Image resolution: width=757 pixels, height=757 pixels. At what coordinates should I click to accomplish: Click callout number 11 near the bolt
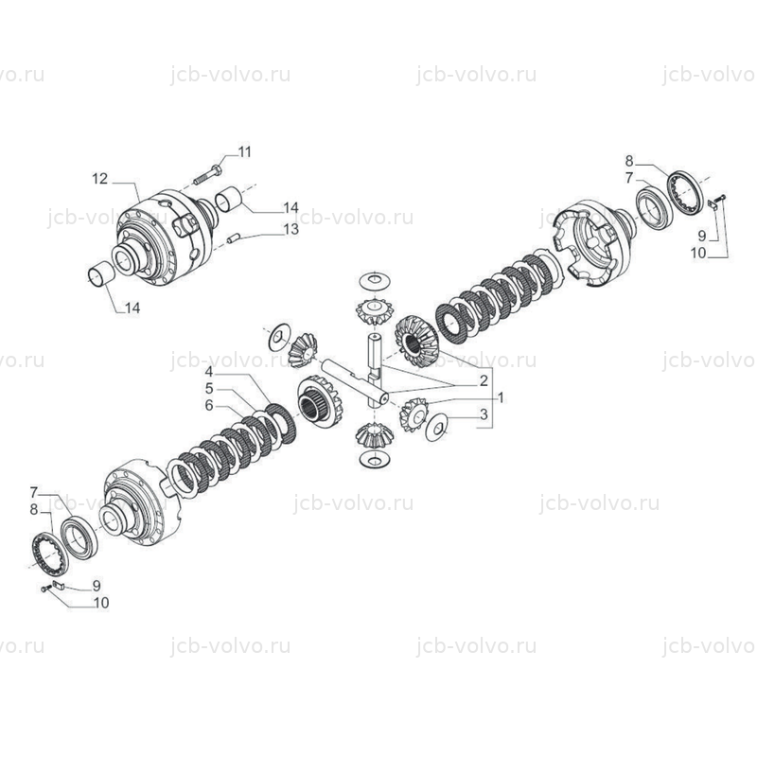tap(245, 152)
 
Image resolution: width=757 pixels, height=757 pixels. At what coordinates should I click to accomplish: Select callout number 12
tap(100, 179)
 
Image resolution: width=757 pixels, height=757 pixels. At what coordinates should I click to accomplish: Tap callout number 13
tap(291, 229)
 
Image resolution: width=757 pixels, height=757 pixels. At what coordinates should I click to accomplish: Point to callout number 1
tap(501, 397)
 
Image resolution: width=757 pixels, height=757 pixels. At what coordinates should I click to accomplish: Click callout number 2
tap(484, 381)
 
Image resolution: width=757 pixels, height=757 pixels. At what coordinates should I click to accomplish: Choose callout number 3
tap(484, 414)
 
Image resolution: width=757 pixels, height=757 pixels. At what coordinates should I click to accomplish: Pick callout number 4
tap(208, 372)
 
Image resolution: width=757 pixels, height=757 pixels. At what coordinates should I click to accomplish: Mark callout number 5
tap(209, 389)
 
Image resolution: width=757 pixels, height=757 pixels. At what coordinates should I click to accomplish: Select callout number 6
tap(209, 405)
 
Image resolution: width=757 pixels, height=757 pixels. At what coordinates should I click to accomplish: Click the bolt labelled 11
tap(207, 175)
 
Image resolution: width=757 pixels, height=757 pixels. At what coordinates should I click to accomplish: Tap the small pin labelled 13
tap(234, 238)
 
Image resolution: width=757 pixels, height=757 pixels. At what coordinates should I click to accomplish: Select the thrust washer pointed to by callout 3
tap(437, 427)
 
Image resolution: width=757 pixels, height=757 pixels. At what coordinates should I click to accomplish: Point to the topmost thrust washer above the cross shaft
tap(374, 280)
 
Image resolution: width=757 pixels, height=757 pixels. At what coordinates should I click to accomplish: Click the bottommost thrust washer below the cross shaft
tap(374, 459)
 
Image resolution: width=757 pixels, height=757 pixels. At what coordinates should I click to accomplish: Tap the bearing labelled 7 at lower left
tap(79, 537)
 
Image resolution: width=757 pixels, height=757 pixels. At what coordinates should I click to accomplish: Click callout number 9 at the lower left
tap(97, 586)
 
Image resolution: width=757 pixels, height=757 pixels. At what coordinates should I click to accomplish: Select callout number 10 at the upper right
tap(698, 253)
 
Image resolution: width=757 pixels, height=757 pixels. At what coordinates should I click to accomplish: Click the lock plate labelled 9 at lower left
tap(59, 585)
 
